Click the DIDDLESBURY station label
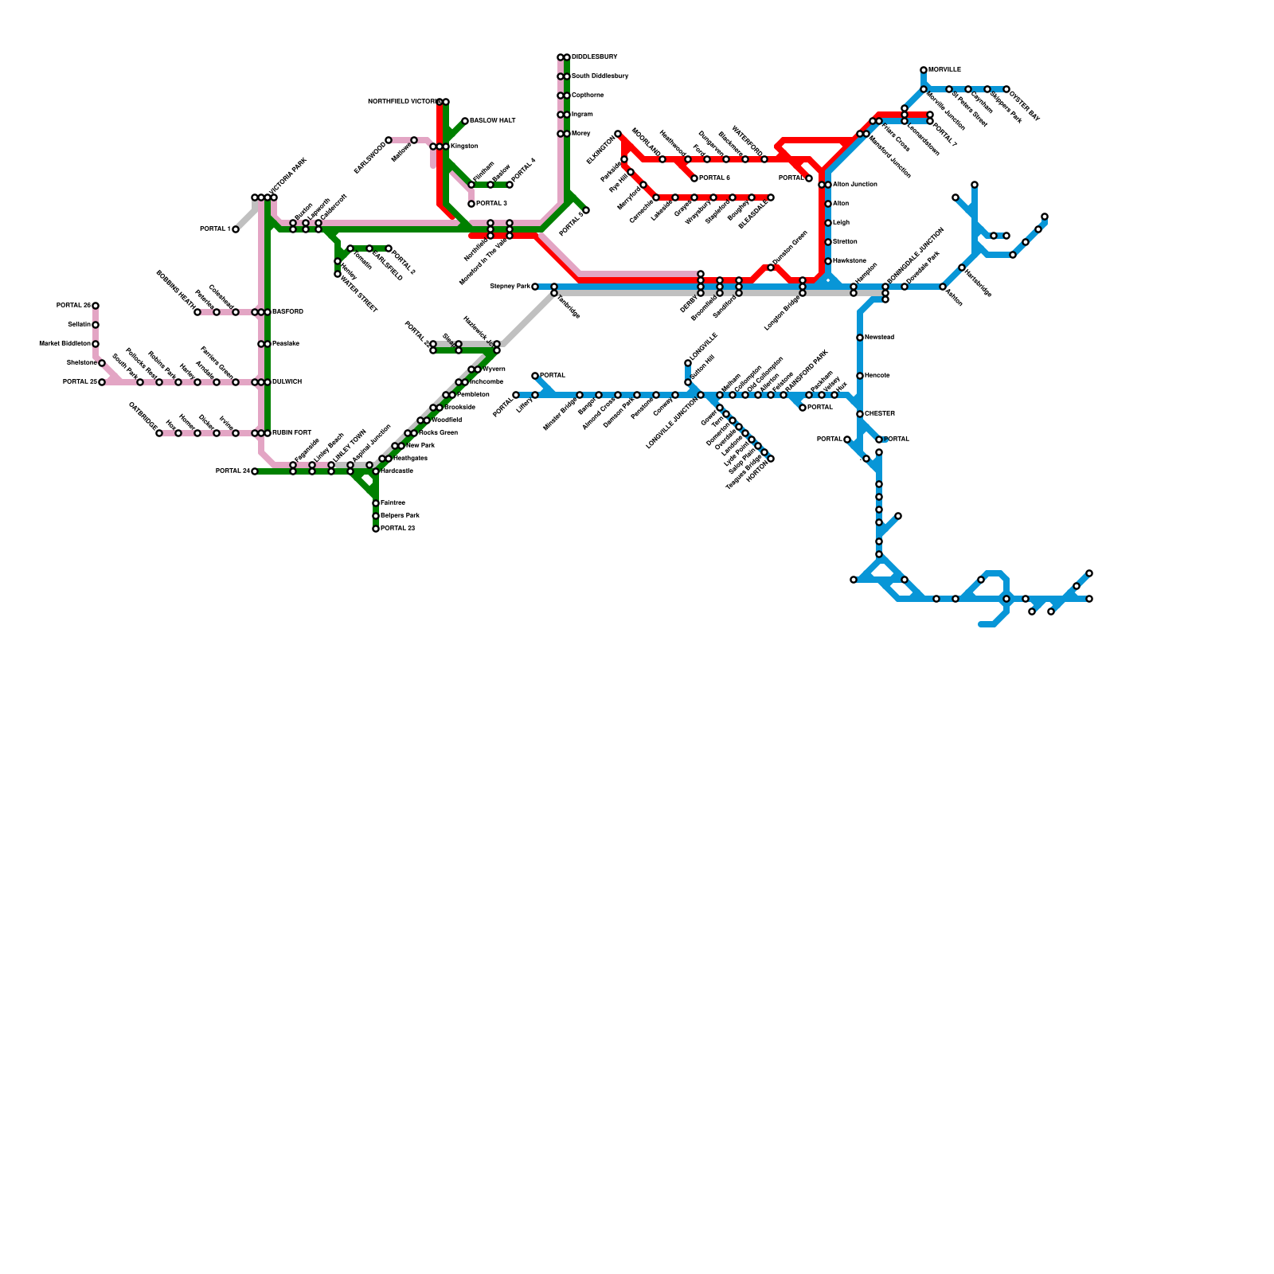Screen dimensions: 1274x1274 pyautogui.click(x=594, y=57)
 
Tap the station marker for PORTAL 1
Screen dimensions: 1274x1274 pyautogui.click(x=236, y=229)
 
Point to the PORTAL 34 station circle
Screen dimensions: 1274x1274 pyautogui.click(x=255, y=471)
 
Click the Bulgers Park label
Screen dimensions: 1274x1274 pyautogui.click(x=400, y=516)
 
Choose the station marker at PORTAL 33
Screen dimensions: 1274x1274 pyautogui.click(x=376, y=529)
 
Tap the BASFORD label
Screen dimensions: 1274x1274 pyautogui.click(x=287, y=312)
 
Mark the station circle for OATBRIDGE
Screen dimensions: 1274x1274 pyautogui.click(x=159, y=433)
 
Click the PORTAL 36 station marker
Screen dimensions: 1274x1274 pyautogui.click(x=96, y=306)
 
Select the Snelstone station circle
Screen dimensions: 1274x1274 pyautogui.click(x=102, y=363)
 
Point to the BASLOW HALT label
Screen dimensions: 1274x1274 pyautogui.click(x=493, y=121)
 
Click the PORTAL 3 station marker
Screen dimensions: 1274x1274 pyautogui.click(x=471, y=204)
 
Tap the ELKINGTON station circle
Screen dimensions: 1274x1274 pyautogui.click(x=618, y=134)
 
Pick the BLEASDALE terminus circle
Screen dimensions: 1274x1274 pyautogui.click(x=771, y=197)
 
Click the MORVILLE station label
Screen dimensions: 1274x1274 pyautogui.click(x=944, y=70)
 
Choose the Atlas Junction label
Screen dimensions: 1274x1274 pyautogui.click(x=854, y=185)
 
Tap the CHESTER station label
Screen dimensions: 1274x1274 pyautogui.click(x=880, y=414)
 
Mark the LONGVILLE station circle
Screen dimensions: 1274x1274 pyautogui.click(x=688, y=363)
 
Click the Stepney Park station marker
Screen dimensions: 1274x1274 pyautogui.click(x=535, y=287)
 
